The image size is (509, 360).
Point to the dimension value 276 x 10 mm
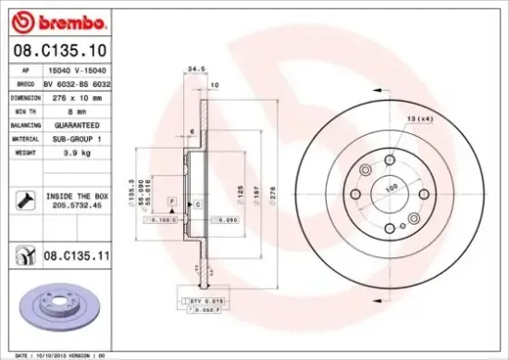[x=71, y=94]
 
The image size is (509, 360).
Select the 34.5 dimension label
[x=194, y=68]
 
